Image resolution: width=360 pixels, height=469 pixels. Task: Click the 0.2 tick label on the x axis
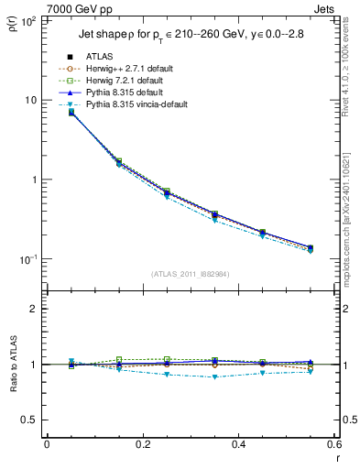(x=142, y=444)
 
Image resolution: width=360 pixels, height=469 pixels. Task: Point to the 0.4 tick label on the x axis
(x=238, y=444)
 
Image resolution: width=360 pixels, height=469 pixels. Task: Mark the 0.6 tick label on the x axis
(x=333, y=444)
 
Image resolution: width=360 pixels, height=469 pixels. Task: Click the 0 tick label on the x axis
(x=47, y=444)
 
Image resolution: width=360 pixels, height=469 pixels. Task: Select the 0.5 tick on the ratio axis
(x=30, y=420)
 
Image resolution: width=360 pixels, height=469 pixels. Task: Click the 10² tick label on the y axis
(x=28, y=20)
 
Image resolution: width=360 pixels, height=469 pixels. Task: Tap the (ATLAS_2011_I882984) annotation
(x=190, y=274)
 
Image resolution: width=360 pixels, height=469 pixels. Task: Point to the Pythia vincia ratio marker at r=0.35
(x=238, y=376)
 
